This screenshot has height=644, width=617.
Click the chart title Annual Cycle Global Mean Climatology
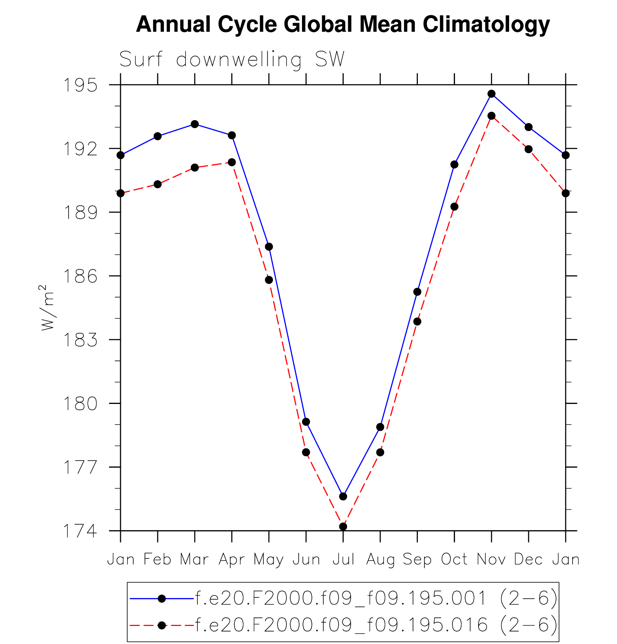(x=342, y=25)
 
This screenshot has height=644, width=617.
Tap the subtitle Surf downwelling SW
(x=232, y=59)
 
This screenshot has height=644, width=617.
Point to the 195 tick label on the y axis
(x=80, y=86)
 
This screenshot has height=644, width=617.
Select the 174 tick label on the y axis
(x=80, y=531)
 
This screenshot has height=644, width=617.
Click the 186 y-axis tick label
(x=80, y=276)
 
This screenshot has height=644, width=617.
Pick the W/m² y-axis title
(x=47, y=308)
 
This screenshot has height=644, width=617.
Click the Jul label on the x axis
(x=343, y=560)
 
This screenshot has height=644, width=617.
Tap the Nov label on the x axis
(x=491, y=560)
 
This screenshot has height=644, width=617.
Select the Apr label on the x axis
(x=232, y=560)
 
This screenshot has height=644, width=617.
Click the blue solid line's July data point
(x=343, y=496)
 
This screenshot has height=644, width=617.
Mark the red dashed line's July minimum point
(x=343, y=527)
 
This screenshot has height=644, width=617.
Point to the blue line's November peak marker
(x=491, y=94)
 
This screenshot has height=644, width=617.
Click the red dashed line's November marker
(x=491, y=116)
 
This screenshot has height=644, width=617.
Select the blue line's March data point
(x=195, y=124)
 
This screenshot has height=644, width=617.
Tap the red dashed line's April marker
(x=232, y=162)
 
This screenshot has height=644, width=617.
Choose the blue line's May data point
(x=269, y=247)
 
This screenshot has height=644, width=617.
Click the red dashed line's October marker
(x=454, y=207)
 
